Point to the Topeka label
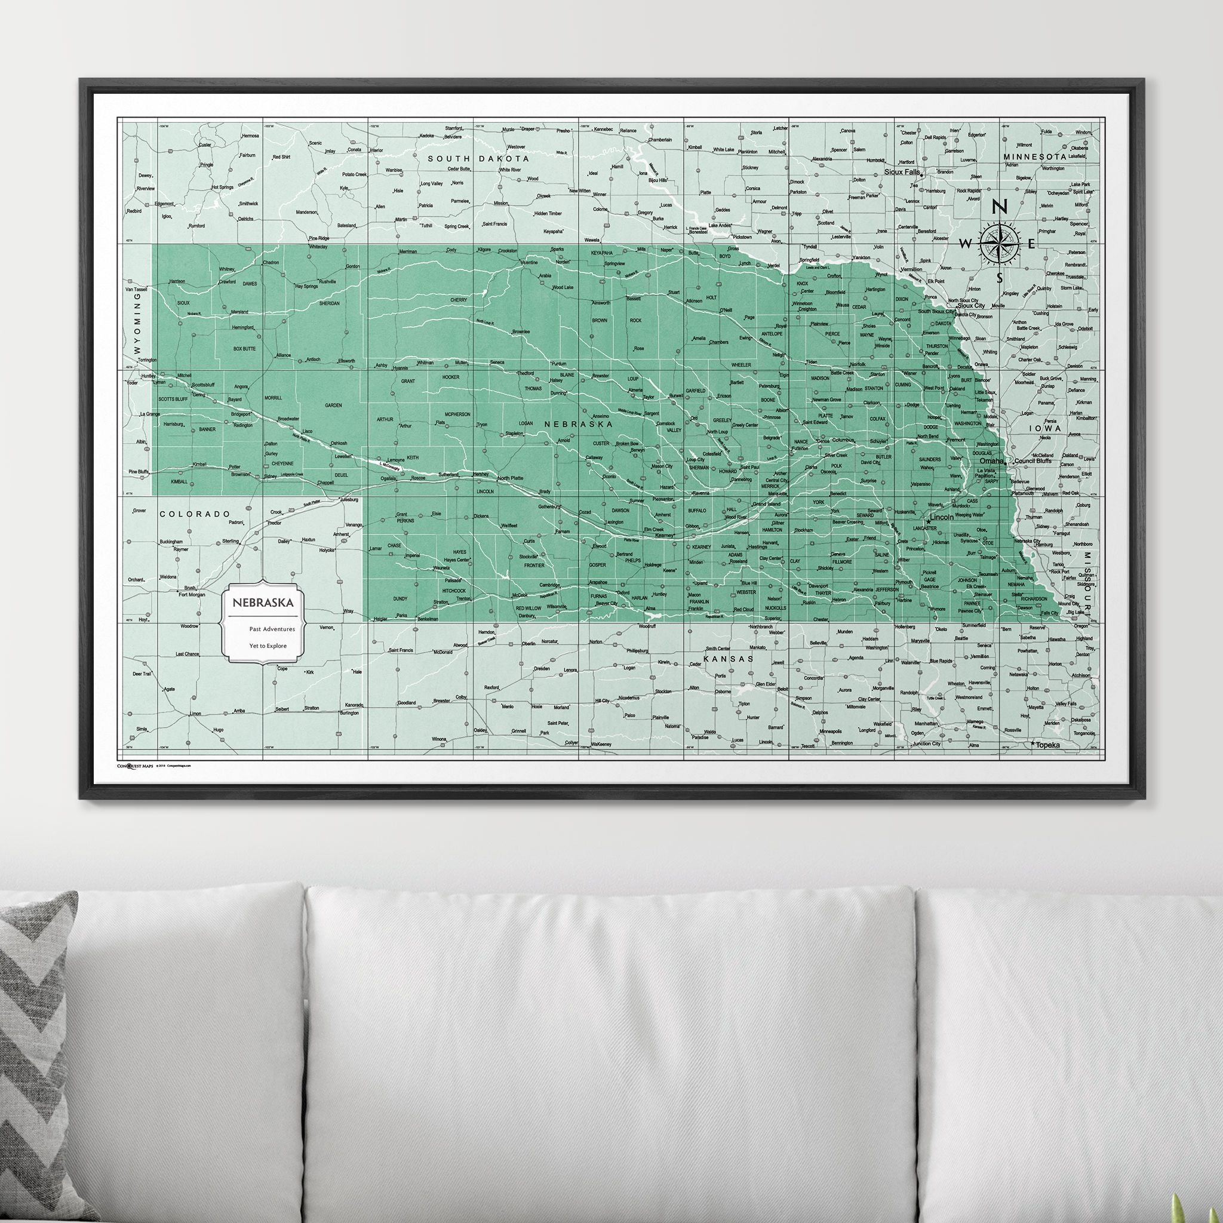(x=1049, y=745)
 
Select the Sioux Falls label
(x=901, y=171)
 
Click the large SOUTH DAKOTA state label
(x=478, y=158)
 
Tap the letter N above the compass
(x=1000, y=207)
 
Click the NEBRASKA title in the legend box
(x=262, y=603)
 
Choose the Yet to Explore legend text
(x=268, y=646)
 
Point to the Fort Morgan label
(x=192, y=594)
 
